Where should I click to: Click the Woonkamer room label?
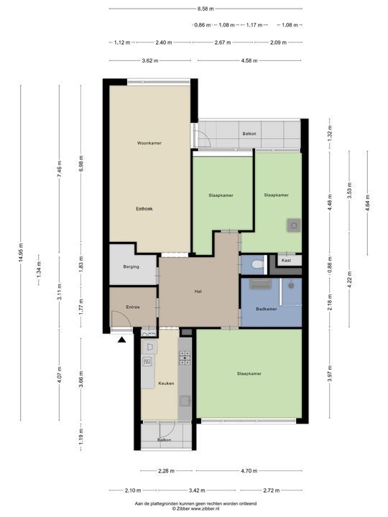click(x=149, y=144)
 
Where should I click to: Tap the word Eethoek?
click(x=144, y=209)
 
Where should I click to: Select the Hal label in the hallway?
click(x=197, y=292)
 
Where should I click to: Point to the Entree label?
click(x=133, y=307)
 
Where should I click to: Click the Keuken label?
click(x=167, y=384)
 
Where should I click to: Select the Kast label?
click(x=286, y=260)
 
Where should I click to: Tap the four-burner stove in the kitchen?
click(x=185, y=357)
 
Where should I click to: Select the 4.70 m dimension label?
click(x=248, y=472)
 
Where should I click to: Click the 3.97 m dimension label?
click(x=330, y=373)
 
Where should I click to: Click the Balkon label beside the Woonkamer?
click(x=249, y=134)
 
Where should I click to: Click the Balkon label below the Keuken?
click(x=165, y=440)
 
